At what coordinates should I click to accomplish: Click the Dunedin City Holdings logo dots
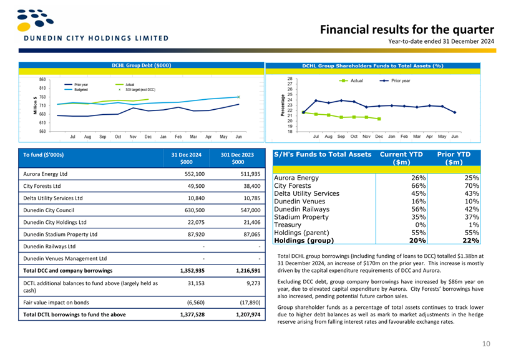[x=35, y=20]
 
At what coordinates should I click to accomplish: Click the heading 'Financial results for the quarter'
[x=407, y=29]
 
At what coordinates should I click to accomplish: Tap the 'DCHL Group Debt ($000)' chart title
[x=141, y=66]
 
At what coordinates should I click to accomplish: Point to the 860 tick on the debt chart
[x=42, y=80]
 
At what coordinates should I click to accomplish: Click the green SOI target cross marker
[x=238, y=97]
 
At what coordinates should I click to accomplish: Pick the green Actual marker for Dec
[x=379, y=119]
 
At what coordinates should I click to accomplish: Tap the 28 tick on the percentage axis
[x=290, y=79]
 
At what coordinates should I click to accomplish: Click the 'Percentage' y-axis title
[x=283, y=105]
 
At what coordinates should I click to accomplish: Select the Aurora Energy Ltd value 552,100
[x=195, y=174]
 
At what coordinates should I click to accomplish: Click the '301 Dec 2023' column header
[x=237, y=155]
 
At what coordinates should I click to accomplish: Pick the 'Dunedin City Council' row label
[x=49, y=210]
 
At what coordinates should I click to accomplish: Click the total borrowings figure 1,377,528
[x=192, y=314]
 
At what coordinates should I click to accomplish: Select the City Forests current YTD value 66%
[x=418, y=186]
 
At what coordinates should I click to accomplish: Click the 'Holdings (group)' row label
[x=304, y=240]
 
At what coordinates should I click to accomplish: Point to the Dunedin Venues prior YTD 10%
[x=472, y=202]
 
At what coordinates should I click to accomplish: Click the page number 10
[x=486, y=344]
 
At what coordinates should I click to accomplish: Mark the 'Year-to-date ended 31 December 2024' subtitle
[x=441, y=42]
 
